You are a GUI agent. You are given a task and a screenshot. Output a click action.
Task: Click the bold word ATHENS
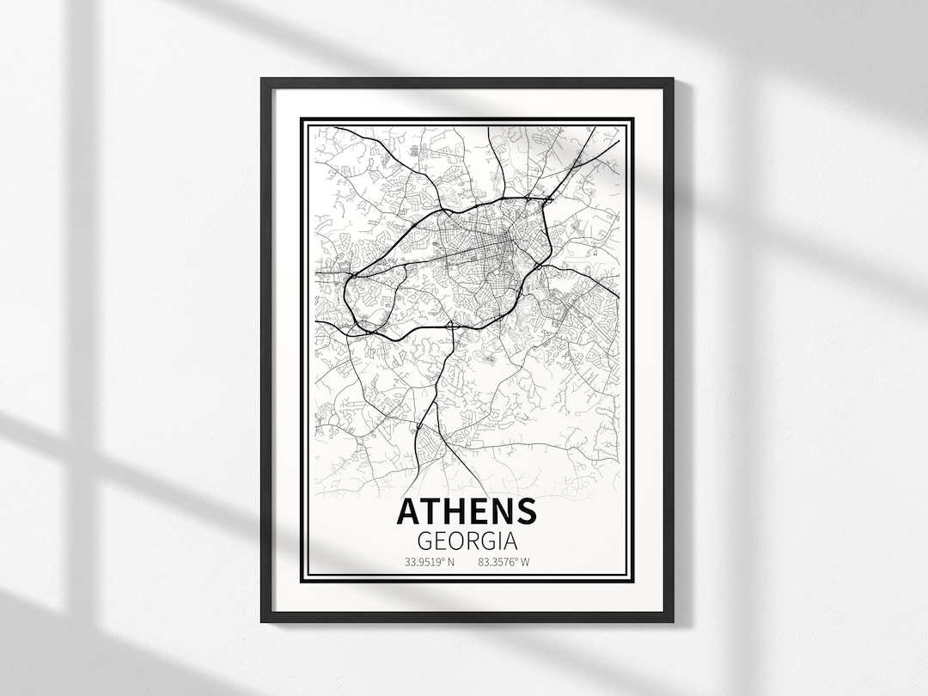pos(467,511)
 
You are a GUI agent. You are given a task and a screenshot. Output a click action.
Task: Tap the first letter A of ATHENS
pos(408,511)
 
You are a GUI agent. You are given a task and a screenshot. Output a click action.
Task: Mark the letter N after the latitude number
pos(449,564)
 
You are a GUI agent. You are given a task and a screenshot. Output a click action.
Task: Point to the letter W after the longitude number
pos(525,564)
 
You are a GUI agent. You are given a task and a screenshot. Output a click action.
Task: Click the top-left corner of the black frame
pos(263,80)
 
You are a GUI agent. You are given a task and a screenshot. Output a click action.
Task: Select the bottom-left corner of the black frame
pos(263,620)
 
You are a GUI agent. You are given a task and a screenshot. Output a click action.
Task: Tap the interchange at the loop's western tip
pos(352,276)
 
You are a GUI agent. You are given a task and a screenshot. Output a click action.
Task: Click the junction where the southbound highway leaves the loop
pos(450,325)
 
